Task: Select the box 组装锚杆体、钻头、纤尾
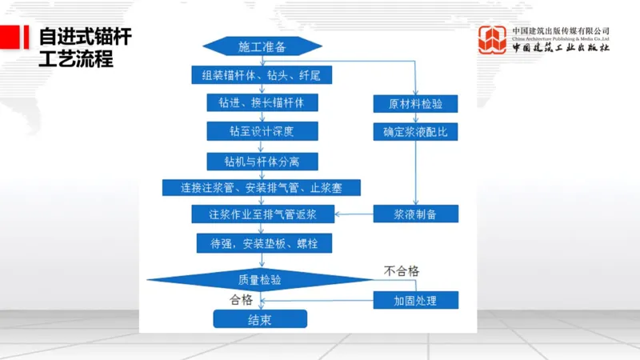pyautogui.click(x=261, y=76)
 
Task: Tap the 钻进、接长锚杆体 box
pyautogui.click(x=262, y=103)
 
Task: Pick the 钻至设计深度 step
pyautogui.click(x=262, y=130)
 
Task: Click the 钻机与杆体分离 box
pyautogui.click(x=262, y=160)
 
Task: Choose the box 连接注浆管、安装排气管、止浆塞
pyautogui.click(x=262, y=187)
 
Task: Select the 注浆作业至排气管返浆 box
pyautogui.click(x=262, y=214)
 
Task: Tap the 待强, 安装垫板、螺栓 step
pyautogui.click(x=262, y=242)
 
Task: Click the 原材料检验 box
pyautogui.click(x=416, y=104)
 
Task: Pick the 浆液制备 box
pyautogui.click(x=416, y=214)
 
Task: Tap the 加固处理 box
pyautogui.click(x=416, y=300)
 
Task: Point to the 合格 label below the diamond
pyautogui.click(x=241, y=300)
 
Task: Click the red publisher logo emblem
pyautogui.click(x=494, y=41)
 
